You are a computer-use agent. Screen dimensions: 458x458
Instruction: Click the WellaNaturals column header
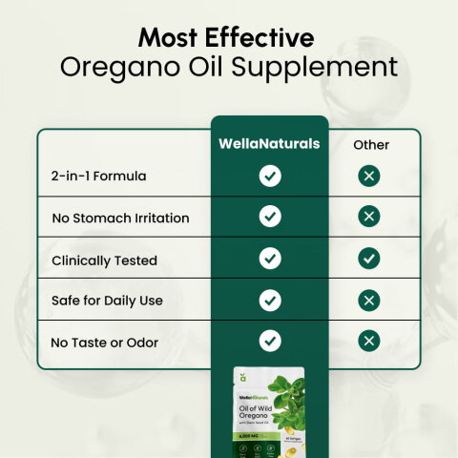(270, 144)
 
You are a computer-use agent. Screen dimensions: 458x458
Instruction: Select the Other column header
(371, 145)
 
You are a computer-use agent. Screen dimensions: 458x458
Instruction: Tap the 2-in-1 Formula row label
(98, 177)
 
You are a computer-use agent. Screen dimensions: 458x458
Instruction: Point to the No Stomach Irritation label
(120, 219)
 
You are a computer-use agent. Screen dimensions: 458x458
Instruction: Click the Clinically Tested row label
(104, 260)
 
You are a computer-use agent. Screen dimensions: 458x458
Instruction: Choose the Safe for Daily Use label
(107, 301)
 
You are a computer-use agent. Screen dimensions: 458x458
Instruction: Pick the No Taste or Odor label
(104, 342)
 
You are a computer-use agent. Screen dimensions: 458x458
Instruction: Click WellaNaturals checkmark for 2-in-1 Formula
(270, 176)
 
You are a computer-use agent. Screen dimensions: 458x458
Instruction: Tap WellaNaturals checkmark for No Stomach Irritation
(270, 217)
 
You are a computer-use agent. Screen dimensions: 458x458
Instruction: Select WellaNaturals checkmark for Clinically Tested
(270, 259)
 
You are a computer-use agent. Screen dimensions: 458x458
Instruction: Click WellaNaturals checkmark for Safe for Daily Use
(270, 300)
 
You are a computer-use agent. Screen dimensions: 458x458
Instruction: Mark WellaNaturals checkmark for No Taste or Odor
(270, 341)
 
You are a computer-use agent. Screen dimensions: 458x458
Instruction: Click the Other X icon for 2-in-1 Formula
(369, 176)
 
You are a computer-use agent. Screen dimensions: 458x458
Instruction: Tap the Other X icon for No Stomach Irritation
(369, 217)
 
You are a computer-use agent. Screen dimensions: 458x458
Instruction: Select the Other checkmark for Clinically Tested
(369, 259)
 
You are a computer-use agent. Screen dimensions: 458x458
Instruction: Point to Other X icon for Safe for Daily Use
(369, 300)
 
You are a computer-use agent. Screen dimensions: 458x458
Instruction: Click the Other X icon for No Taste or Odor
(369, 341)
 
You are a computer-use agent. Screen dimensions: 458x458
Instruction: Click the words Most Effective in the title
(226, 38)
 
